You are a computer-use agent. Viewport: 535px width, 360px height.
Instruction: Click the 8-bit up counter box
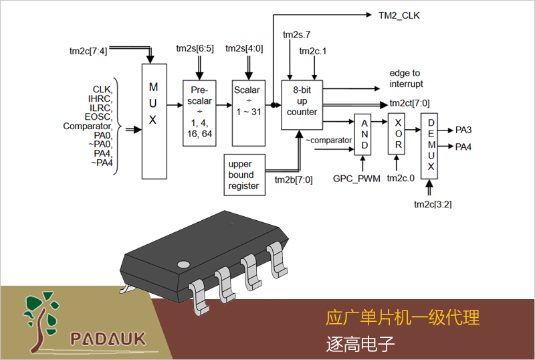tap(302, 102)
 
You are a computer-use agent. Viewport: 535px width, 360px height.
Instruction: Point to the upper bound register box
tap(243, 175)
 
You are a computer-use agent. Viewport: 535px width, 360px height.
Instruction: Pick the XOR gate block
tap(397, 134)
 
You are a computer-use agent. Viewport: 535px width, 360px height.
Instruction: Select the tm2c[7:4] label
tap(88, 51)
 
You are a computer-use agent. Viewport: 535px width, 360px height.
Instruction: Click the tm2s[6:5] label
tap(195, 49)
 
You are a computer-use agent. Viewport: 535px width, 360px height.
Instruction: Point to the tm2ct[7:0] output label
tap(409, 104)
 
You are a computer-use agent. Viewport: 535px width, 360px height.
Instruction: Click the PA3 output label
tap(463, 130)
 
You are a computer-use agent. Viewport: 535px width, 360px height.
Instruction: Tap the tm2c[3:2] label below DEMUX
tap(433, 204)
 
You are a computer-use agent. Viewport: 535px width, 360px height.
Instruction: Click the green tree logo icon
tap(42, 321)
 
